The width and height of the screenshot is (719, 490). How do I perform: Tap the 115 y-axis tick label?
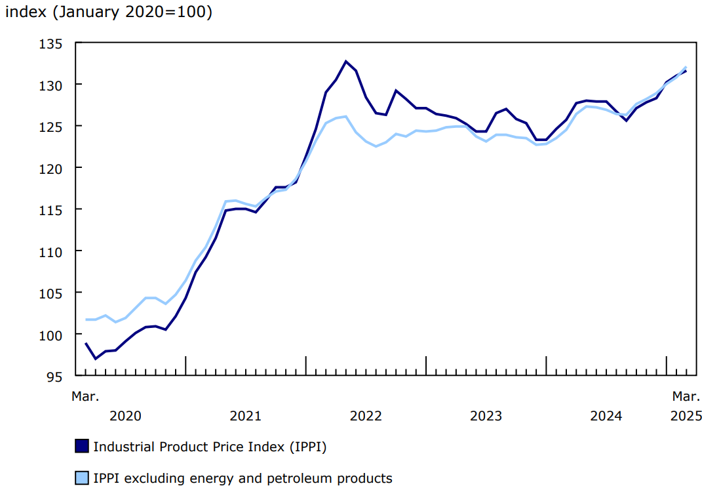[52, 209]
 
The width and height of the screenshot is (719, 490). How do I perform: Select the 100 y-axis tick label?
[52, 335]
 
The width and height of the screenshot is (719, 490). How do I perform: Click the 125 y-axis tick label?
[52, 126]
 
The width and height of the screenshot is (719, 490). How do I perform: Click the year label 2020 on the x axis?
[125, 416]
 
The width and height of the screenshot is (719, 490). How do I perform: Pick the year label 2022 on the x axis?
[366, 416]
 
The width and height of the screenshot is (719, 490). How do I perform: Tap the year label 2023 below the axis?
[486, 416]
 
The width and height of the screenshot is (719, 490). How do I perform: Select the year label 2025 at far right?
[686, 416]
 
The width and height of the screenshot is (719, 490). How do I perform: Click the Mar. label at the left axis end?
[85, 396]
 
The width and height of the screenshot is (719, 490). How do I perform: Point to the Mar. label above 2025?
[686, 396]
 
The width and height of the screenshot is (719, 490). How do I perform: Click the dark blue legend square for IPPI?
[81, 447]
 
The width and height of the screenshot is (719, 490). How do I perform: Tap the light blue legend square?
[81, 478]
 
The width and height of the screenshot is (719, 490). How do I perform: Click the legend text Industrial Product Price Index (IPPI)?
[210, 447]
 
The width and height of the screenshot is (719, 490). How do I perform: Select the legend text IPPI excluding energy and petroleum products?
[243, 478]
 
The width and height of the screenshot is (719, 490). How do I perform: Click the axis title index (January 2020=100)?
[109, 12]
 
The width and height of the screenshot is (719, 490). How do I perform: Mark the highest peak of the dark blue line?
[345, 62]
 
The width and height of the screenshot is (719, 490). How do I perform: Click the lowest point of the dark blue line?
[96, 359]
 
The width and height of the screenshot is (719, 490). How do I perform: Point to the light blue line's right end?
[686, 67]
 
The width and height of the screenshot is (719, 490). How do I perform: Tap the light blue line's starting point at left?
[86, 319]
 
